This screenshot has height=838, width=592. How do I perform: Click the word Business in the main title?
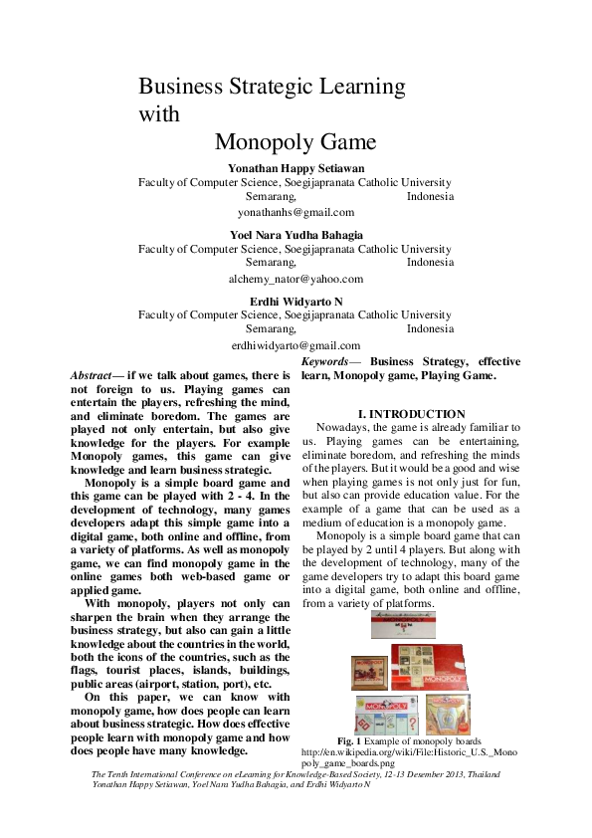coord(177,87)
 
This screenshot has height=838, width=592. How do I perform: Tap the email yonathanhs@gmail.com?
coord(296,212)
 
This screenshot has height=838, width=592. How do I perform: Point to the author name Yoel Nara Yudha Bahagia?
coord(296,234)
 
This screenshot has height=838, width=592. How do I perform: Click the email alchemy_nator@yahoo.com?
coord(296,279)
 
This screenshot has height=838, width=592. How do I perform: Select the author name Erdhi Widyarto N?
coord(296,300)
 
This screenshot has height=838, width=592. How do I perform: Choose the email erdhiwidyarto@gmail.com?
coord(296,344)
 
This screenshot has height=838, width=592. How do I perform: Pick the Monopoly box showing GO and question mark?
coord(386,715)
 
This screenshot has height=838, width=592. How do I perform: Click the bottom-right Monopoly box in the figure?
coord(448,714)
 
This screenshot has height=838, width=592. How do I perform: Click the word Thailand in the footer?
coord(471,774)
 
